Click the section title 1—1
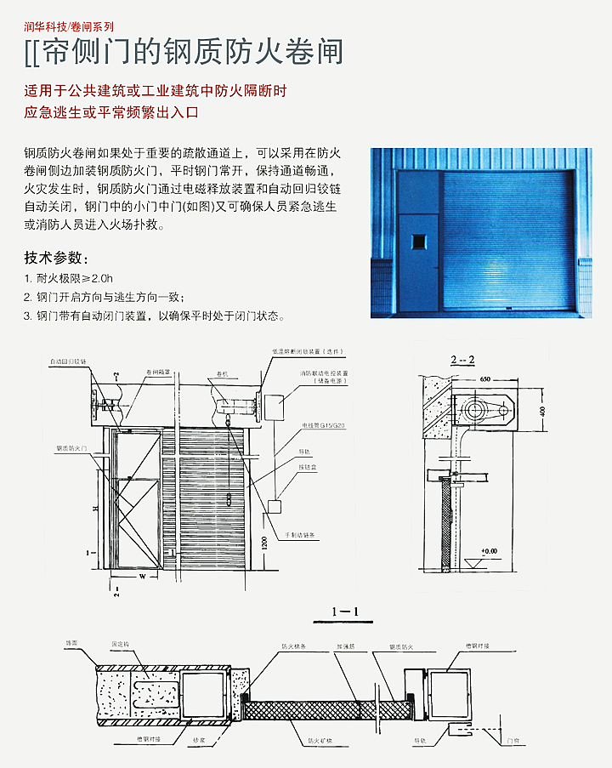click(x=344, y=611)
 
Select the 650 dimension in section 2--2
click(x=486, y=378)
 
